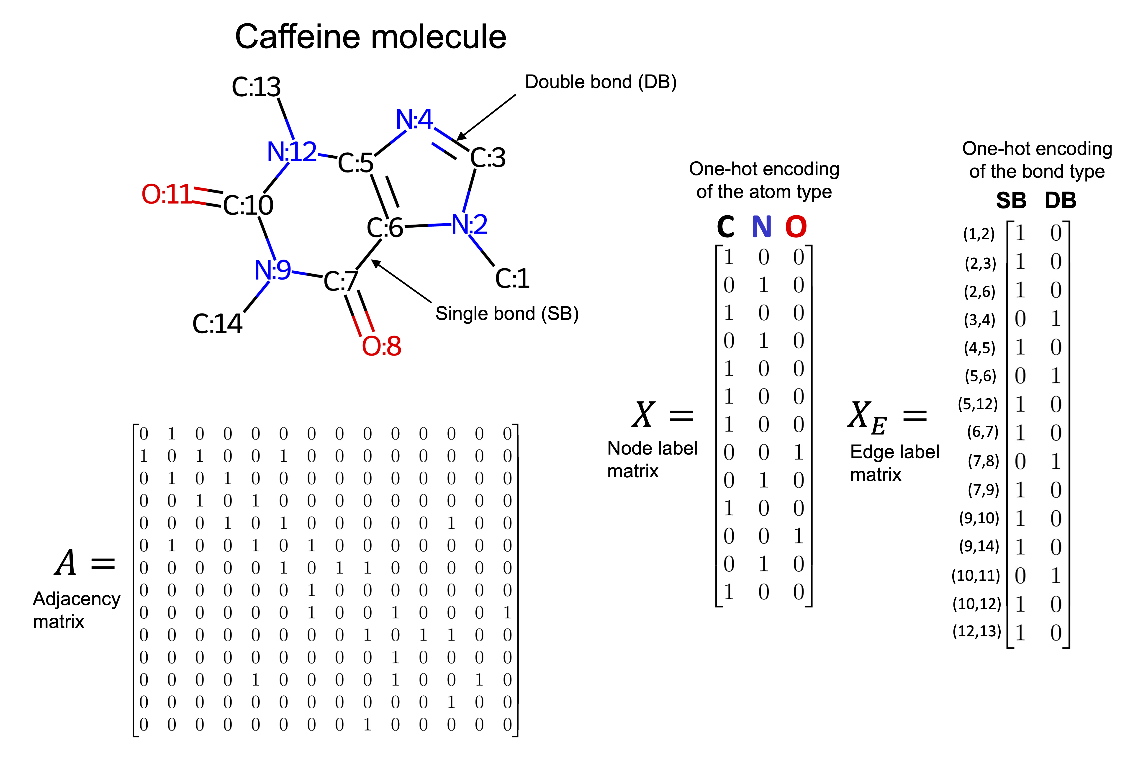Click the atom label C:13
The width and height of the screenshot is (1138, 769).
[x=256, y=87]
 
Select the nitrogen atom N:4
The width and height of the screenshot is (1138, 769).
[x=414, y=120]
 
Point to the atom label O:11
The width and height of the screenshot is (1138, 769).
[x=167, y=194]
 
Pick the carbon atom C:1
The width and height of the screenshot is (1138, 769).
[x=512, y=279]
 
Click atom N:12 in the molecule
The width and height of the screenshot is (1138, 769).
[x=292, y=152]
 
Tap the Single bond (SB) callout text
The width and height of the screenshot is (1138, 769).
[x=507, y=314]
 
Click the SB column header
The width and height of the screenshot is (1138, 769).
[x=1011, y=200]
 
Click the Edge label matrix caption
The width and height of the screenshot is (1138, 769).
[x=894, y=463]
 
